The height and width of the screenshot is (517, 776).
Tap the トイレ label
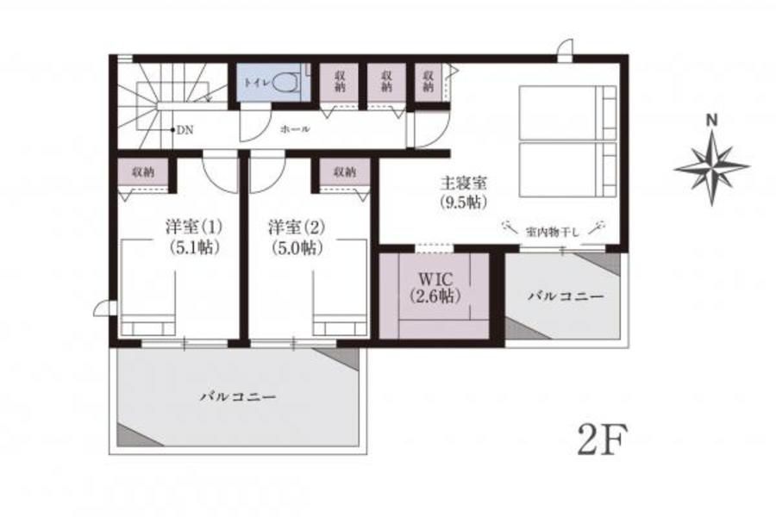pyautogui.click(x=257, y=83)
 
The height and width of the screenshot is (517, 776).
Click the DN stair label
pyautogui.click(x=185, y=130)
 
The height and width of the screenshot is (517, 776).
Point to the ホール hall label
pyautogui.click(x=295, y=129)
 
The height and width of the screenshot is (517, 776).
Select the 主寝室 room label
pyautogui.click(x=463, y=184)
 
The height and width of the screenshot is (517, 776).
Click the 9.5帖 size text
pyautogui.click(x=463, y=202)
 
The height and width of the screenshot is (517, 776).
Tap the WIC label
pyautogui.click(x=435, y=278)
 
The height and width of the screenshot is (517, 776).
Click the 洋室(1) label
pyautogui.click(x=193, y=227)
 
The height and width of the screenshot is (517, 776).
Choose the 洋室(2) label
pyautogui.click(x=297, y=227)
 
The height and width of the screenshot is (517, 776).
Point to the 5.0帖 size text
pyautogui.click(x=297, y=247)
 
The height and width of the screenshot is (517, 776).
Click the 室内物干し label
pyautogui.click(x=552, y=232)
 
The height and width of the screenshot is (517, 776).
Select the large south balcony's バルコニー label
pyautogui.click(x=238, y=396)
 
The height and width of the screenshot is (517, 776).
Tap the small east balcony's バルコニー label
pyautogui.click(x=566, y=296)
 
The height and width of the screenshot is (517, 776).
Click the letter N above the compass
pyautogui.click(x=711, y=120)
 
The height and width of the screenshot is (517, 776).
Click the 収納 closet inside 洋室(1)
pyautogui.click(x=143, y=171)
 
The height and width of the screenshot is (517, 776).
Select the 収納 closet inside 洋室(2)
pyautogui.click(x=344, y=171)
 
